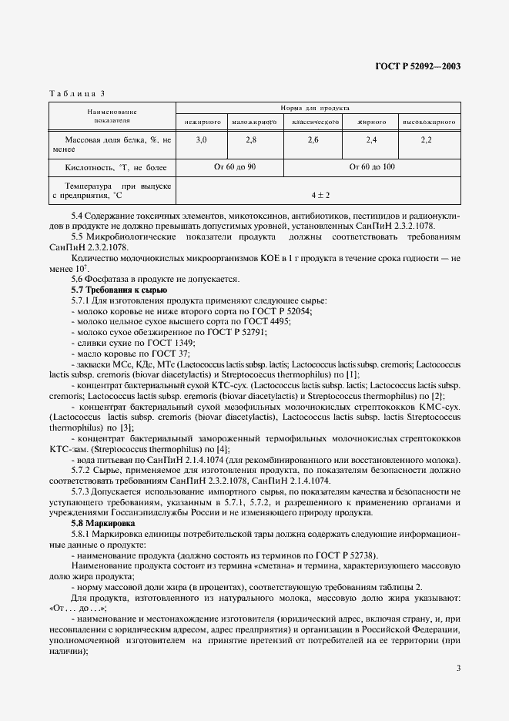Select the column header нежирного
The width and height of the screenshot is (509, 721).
(x=203, y=122)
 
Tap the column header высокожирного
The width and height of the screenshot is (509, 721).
(x=429, y=122)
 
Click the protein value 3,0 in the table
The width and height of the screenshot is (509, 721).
(x=202, y=139)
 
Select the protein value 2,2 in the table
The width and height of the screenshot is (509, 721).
(x=427, y=139)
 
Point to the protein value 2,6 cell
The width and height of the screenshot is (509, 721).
(x=313, y=139)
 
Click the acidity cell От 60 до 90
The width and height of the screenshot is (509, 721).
(x=230, y=166)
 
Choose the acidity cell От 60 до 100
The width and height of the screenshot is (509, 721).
(x=372, y=166)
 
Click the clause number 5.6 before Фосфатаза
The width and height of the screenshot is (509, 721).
(x=77, y=279)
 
